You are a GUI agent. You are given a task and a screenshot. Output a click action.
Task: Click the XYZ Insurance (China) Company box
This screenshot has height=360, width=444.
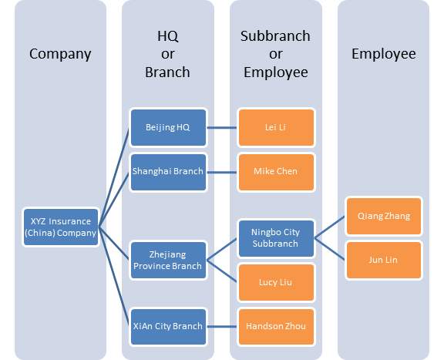(61, 227)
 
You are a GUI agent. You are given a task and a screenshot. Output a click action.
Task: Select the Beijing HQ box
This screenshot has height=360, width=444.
(169, 127)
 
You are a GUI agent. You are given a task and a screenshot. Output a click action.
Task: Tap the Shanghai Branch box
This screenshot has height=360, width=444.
(169, 172)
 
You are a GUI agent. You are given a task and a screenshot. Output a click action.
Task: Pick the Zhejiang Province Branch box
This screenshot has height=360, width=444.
(169, 260)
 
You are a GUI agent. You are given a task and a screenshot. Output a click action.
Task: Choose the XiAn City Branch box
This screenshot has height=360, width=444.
(169, 327)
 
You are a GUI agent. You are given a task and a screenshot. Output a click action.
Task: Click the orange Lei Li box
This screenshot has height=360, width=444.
(277, 127)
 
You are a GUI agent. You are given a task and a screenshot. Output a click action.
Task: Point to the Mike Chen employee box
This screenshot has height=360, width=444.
(277, 172)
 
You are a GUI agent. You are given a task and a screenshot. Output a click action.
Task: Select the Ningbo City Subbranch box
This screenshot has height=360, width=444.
(277, 238)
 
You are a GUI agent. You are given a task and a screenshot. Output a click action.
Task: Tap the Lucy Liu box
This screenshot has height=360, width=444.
(277, 282)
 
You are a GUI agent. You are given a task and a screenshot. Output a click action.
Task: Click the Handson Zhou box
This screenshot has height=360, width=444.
(277, 327)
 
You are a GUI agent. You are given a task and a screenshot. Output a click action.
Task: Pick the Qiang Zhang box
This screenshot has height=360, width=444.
(384, 216)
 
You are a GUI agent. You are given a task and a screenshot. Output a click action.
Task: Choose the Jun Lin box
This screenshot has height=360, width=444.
(384, 260)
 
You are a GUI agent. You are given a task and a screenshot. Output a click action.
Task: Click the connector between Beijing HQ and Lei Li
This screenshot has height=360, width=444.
(222, 127)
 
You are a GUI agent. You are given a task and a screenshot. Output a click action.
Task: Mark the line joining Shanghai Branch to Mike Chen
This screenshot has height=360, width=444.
(222, 172)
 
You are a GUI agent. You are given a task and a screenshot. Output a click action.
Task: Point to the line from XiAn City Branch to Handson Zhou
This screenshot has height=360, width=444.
(222, 327)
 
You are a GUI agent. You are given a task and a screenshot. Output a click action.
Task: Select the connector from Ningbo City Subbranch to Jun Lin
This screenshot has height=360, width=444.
(330, 249)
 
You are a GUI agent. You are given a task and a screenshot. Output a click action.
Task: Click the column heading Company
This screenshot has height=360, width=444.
(60, 54)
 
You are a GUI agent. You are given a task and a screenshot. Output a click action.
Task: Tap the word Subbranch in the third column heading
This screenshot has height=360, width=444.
(275, 36)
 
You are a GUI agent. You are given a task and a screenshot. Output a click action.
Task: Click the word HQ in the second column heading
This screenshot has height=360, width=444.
(168, 36)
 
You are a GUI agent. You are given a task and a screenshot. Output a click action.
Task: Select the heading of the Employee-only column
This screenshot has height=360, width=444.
(384, 54)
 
